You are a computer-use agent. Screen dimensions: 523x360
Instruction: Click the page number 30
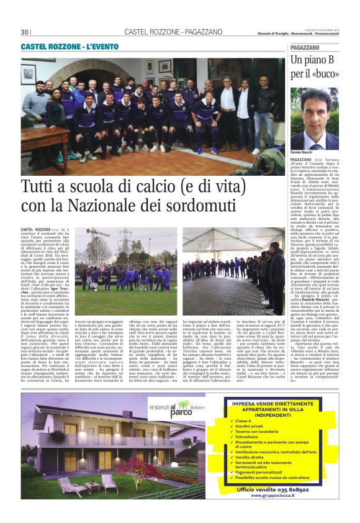(25, 32)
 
